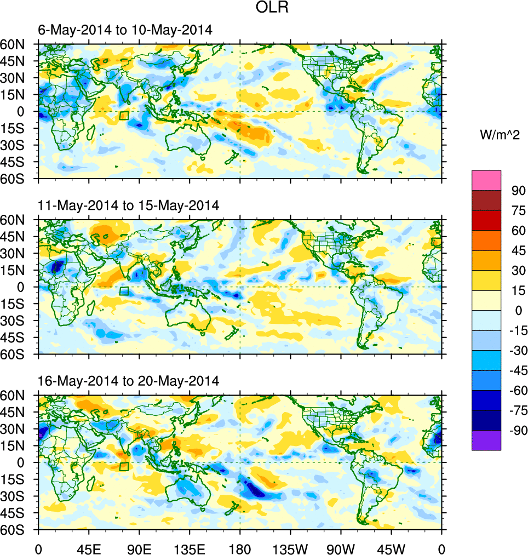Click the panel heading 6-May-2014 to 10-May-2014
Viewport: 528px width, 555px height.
tap(125, 30)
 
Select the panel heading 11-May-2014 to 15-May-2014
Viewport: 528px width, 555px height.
tap(129, 205)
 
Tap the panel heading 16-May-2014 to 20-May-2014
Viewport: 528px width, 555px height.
tap(129, 381)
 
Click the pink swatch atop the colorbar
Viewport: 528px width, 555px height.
tap(486, 180)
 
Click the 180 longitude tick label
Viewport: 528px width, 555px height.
tap(240, 548)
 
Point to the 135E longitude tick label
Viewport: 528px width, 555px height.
tap(190, 548)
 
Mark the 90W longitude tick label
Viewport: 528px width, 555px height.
tap(341, 548)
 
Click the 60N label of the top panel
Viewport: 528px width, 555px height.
tap(19, 44)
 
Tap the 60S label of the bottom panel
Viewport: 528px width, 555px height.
tap(19, 530)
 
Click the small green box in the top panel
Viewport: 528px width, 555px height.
tap(124, 116)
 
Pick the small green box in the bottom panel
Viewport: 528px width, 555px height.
tap(124, 466)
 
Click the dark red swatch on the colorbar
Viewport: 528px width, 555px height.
tap(486, 200)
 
